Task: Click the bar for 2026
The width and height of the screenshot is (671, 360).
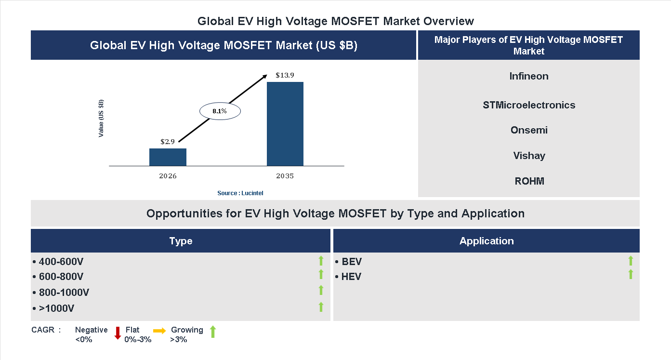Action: pyautogui.click(x=168, y=157)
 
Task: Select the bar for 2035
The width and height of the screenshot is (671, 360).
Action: pyautogui.click(x=285, y=124)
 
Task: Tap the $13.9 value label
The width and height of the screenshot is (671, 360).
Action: pyautogui.click(x=285, y=75)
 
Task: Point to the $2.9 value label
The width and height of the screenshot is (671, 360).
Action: pyautogui.click(x=168, y=142)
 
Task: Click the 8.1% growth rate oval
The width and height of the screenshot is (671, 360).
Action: pyautogui.click(x=220, y=111)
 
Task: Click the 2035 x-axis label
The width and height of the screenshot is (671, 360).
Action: pyautogui.click(x=285, y=176)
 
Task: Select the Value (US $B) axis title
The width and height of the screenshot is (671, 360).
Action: pyautogui.click(x=101, y=118)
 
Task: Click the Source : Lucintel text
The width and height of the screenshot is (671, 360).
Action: pyautogui.click(x=240, y=193)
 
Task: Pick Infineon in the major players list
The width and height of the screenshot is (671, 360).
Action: pyautogui.click(x=529, y=76)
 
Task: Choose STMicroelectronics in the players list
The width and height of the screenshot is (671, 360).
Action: pyautogui.click(x=529, y=105)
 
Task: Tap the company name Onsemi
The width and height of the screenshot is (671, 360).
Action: pyautogui.click(x=529, y=130)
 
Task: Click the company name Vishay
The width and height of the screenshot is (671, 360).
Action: pyautogui.click(x=529, y=156)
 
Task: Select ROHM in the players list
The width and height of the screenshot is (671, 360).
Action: pyautogui.click(x=529, y=181)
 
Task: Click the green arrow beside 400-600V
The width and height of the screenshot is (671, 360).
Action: pyautogui.click(x=321, y=261)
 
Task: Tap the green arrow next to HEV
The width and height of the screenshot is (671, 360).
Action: pyautogui.click(x=631, y=275)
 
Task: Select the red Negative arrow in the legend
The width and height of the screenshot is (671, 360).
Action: pyautogui.click(x=118, y=333)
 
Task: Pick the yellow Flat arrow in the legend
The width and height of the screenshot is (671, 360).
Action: pyautogui.click(x=159, y=331)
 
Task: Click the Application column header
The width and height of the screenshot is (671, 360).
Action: pyautogui.click(x=487, y=241)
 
